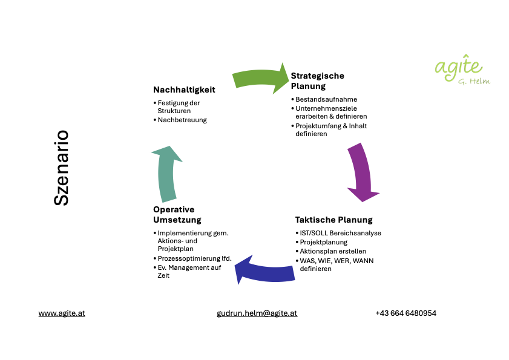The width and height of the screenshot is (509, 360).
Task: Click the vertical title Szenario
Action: (61, 168)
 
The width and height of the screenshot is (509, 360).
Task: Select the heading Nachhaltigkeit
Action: (184, 90)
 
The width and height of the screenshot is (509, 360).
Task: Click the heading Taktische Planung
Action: (333, 220)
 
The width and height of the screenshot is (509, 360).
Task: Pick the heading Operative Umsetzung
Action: (177, 214)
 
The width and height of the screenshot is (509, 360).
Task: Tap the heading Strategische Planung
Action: (317, 80)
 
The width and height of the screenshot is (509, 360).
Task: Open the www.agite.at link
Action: (62, 313)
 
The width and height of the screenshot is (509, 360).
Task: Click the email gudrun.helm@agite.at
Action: (257, 313)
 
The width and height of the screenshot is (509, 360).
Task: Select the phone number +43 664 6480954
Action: (406, 313)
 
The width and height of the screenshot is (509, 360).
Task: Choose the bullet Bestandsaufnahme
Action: (326, 99)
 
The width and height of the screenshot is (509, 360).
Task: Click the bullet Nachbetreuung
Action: (182, 120)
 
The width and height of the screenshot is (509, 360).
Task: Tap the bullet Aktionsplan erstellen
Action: (333, 251)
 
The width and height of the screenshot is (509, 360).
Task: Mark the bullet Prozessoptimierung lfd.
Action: (194, 258)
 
